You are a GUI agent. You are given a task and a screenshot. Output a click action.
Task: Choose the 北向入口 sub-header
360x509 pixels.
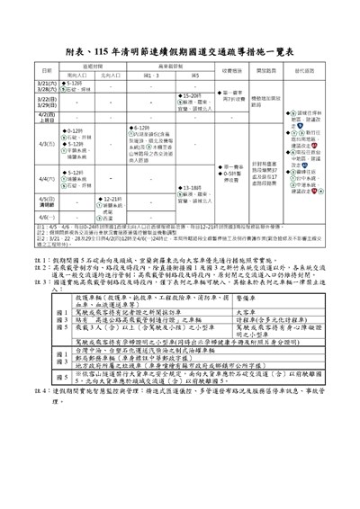[x=110, y=76]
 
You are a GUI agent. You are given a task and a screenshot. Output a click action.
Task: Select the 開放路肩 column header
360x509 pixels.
[x=266, y=70]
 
